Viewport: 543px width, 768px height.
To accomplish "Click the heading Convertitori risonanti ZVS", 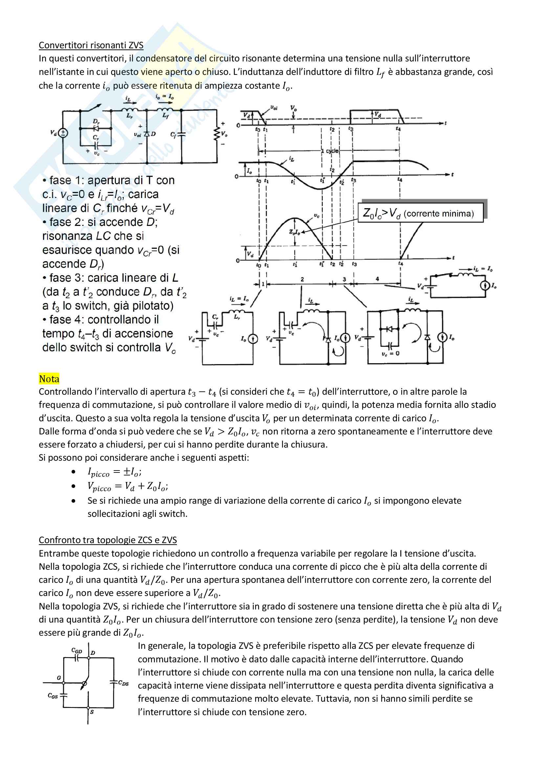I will [91, 45].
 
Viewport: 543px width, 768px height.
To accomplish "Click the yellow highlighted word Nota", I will [49, 379].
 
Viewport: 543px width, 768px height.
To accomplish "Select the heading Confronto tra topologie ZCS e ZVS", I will [108, 540].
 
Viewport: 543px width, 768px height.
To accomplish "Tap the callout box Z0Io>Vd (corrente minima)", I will [420, 213].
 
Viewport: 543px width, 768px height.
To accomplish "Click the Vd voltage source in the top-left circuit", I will [62, 133].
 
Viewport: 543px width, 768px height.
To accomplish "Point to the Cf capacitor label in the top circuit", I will [173, 135].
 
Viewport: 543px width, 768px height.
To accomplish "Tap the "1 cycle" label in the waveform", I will [330, 151].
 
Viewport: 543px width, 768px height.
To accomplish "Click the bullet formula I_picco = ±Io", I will [114, 472].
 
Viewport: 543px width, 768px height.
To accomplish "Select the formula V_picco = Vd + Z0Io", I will [128, 486].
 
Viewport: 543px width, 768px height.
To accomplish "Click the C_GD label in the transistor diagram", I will [76, 650].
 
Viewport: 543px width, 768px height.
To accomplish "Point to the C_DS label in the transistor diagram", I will [123, 683].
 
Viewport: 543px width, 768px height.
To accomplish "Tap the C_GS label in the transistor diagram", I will [53, 696].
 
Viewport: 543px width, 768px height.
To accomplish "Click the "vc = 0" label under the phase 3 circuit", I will [390, 353].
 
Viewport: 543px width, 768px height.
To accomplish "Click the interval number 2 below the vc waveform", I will [302, 279].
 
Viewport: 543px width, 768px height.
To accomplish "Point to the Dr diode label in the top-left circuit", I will [96, 122].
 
